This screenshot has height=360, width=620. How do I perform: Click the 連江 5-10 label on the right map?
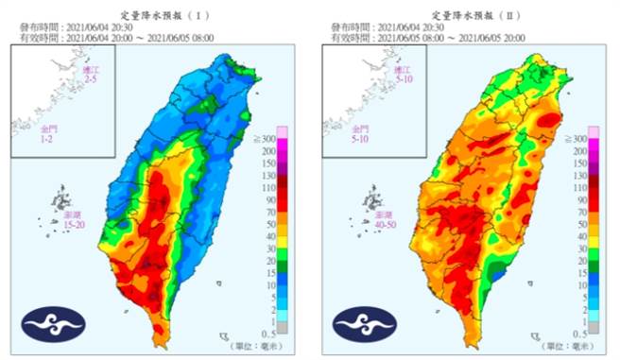point(403,76)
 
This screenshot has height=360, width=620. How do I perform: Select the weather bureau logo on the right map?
point(361,323)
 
